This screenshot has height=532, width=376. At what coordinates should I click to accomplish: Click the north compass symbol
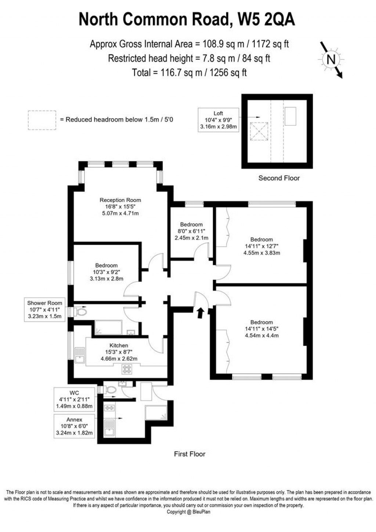331,59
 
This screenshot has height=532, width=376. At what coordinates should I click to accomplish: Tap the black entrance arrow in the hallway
200,313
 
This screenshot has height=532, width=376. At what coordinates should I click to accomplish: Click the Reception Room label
120,200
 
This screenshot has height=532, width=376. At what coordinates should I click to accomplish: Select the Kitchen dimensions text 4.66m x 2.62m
119,359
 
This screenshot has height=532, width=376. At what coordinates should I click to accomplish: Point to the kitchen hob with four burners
127,369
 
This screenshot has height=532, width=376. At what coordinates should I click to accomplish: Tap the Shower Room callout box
44,310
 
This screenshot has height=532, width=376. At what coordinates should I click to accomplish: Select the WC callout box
74,399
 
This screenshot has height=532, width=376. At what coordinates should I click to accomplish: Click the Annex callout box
74,426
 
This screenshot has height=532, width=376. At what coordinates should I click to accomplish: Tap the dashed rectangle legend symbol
42,120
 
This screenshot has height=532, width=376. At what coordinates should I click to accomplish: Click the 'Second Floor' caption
279,178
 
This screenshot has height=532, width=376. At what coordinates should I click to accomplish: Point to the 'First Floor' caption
189,454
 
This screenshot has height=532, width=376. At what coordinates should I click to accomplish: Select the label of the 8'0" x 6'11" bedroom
191,224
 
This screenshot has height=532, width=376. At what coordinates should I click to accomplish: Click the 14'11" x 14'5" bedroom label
261,322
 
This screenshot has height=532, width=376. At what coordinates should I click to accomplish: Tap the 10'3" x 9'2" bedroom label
106,265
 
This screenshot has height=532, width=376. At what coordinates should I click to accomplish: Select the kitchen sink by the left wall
79,355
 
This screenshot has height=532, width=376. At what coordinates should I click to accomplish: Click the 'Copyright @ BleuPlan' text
188,512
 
